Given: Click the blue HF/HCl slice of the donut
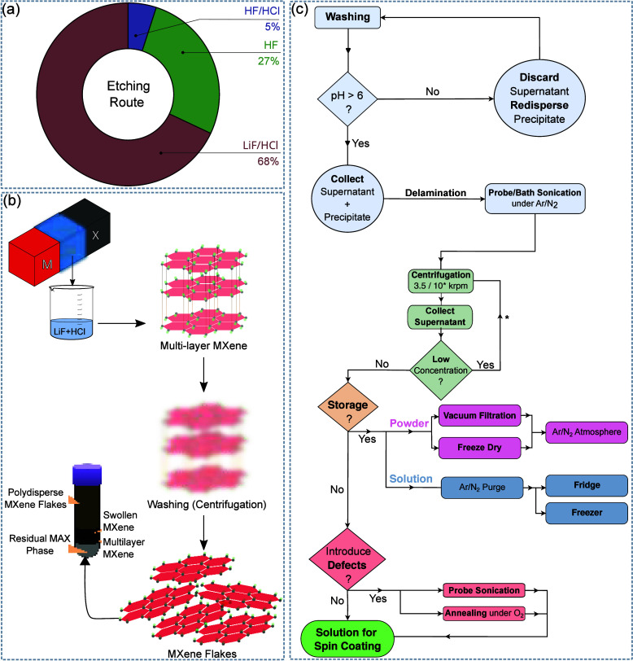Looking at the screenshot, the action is (137, 25).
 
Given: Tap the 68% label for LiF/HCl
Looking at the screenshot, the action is (268, 161).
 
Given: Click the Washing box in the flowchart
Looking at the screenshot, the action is (347, 17).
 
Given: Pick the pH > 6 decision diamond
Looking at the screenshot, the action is (347, 99).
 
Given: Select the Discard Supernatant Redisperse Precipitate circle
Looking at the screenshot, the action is (539, 98).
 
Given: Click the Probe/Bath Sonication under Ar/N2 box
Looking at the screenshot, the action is (535, 198).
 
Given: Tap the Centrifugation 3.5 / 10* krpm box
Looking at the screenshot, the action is (441, 281).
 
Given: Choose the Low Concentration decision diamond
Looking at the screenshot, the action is (441, 370).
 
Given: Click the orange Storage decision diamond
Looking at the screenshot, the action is (347, 406).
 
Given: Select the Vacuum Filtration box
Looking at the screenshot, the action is (479, 416).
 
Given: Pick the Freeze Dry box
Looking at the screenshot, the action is (479, 448).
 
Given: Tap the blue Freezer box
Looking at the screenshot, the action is (587, 513).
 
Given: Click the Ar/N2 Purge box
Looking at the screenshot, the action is (482, 488).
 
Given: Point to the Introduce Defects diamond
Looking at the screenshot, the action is (347, 559).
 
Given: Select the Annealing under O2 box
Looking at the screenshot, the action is (484, 613).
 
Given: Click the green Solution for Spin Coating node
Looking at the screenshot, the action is (347, 639).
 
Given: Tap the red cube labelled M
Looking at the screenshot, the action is (34, 257).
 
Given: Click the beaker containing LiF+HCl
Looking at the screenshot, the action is (72, 312).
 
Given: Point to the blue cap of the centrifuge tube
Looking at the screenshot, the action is (87, 475).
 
